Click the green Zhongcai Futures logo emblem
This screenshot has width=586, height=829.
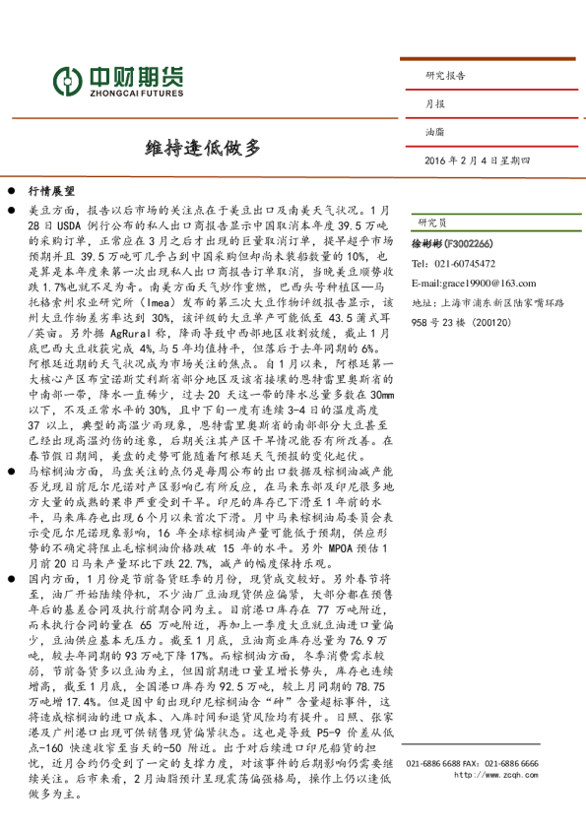67,78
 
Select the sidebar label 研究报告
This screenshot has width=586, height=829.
445,75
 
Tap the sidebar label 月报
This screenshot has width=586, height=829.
434,103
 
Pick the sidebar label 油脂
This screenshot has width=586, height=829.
434,131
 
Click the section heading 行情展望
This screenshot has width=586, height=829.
52,192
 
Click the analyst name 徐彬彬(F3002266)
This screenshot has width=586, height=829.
451,242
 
